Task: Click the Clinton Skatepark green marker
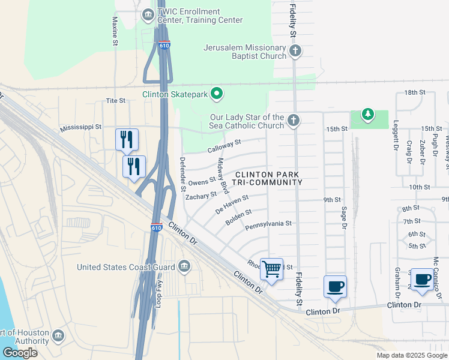(x=217, y=94)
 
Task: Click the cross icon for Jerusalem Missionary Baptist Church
(x=294, y=52)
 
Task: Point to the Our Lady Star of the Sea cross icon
(x=293, y=121)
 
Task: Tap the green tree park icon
(x=367, y=113)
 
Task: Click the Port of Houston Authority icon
(x=58, y=334)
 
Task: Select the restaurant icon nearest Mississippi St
(x=127, y=139)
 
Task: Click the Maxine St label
(x=114, y=31)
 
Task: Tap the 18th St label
(x=414, y=92)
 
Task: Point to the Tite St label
(x=115, y=101)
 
